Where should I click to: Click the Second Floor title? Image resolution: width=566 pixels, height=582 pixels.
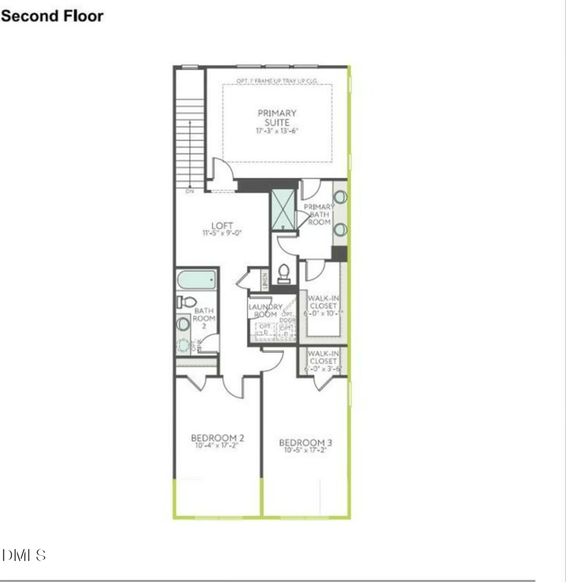coord(52,16)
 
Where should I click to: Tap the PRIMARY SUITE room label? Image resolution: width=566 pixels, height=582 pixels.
coord(277,117)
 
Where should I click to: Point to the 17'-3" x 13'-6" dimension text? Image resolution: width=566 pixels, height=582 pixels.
coord(277,132)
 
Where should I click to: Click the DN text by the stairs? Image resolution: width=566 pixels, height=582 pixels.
coord(190,191)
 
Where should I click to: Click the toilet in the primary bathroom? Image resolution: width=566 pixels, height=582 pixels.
coord(284,272)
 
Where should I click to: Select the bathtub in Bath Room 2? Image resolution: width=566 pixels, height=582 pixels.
coord(196,280)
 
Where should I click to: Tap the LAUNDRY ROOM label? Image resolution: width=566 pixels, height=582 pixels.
coord(265,310)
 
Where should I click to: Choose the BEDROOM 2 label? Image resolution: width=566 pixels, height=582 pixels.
coord(218,438)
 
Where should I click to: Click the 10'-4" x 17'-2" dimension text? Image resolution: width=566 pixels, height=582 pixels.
coord(218,446)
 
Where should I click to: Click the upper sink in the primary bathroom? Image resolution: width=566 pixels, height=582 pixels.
coord(340,197)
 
